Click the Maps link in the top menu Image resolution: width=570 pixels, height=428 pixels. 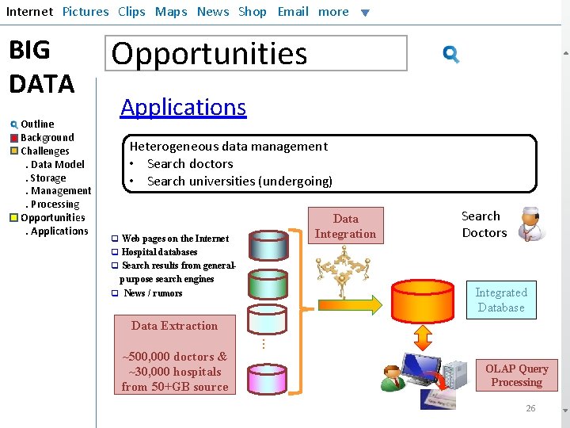click(x=171, y=12)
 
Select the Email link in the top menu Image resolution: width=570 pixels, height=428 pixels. click(x=293, y=12)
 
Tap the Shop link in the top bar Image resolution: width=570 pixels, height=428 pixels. click(x=253, y=12)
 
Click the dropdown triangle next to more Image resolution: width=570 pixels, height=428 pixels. click(x=364, y=13)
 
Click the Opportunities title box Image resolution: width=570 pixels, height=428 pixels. click(x=256, y=53)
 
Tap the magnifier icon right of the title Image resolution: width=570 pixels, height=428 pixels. click(x=451, y=54)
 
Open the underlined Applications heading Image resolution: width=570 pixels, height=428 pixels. click(x=183, y=107)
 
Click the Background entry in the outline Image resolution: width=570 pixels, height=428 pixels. click(x=47, y=137)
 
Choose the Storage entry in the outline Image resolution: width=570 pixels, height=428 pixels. click(x=47, y=178)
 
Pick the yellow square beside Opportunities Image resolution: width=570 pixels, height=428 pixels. click(x=14, y=218)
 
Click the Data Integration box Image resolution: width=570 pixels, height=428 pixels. click(x=345, y=226)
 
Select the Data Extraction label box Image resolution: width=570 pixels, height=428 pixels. click(x=174, y=326)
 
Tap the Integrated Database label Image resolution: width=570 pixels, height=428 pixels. click(x=500, y=300)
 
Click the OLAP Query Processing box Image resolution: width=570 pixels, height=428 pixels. click(x=516, y=375)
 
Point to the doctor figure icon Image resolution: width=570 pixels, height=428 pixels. click(x=531, y=224)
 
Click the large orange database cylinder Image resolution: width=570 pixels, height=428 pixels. click(x=423, y=299)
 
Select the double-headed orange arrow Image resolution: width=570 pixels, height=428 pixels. click(x=423, y=337)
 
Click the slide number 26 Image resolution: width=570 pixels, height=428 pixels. click(x=530, y=408)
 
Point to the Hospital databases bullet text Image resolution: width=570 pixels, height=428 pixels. click(x=159, y=252)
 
